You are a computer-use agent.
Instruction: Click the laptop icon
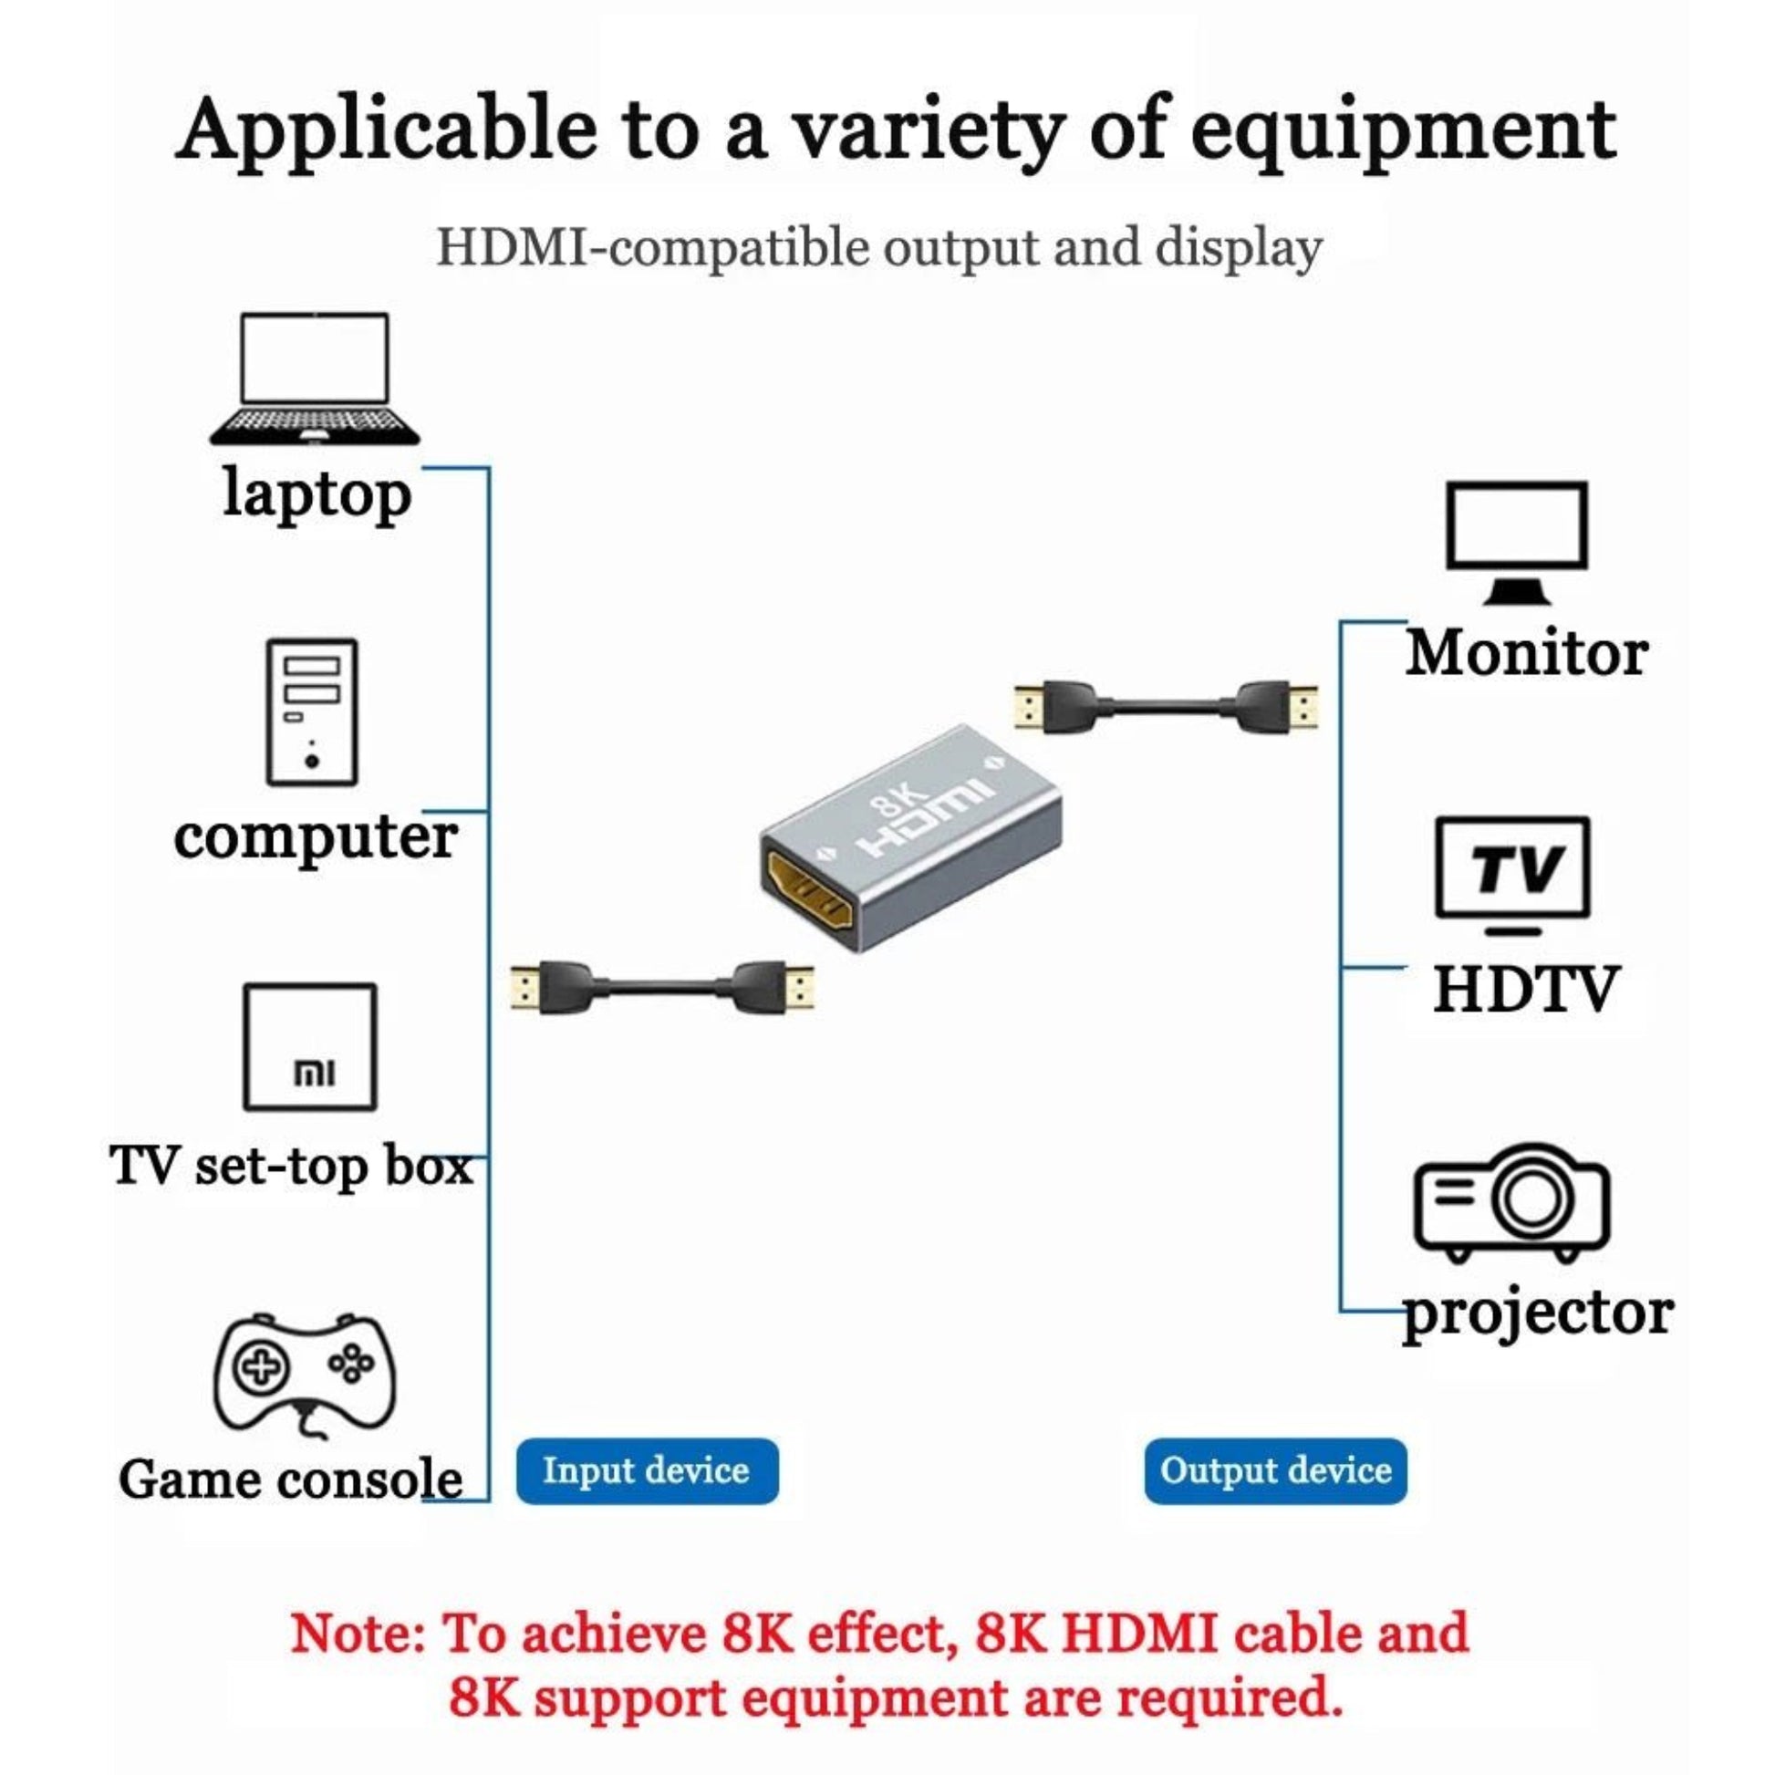pos(314,379)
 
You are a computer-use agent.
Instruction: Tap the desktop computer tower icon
pos(311,712)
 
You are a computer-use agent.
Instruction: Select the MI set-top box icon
pos(310,1046)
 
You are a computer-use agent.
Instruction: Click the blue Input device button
pos(647,1470)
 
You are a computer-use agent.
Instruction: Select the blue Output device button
pos(1275,1470)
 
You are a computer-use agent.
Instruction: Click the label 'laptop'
pos(317,494)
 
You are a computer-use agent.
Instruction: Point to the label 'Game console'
pos(290,1479)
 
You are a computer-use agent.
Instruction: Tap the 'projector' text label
pos(1538,1313)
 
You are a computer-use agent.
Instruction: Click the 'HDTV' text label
pos(1525,990)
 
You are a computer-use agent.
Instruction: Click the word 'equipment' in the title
pos(1403,130)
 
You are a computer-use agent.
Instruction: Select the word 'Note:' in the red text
pos(358,1635)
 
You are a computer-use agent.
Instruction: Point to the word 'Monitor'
pos(1527,653)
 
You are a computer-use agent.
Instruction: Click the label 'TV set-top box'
pos(291,1165)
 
